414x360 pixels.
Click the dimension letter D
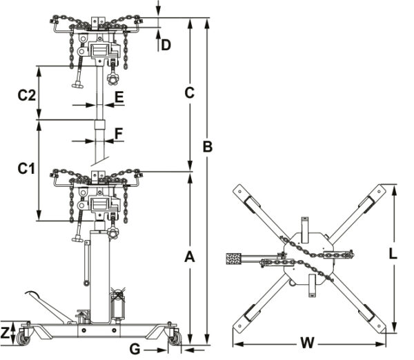(166, 46)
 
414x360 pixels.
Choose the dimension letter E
(119, 97)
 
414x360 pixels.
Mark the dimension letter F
(119, 132)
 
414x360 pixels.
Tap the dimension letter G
(135, 348)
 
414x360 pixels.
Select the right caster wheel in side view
(175, 337)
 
